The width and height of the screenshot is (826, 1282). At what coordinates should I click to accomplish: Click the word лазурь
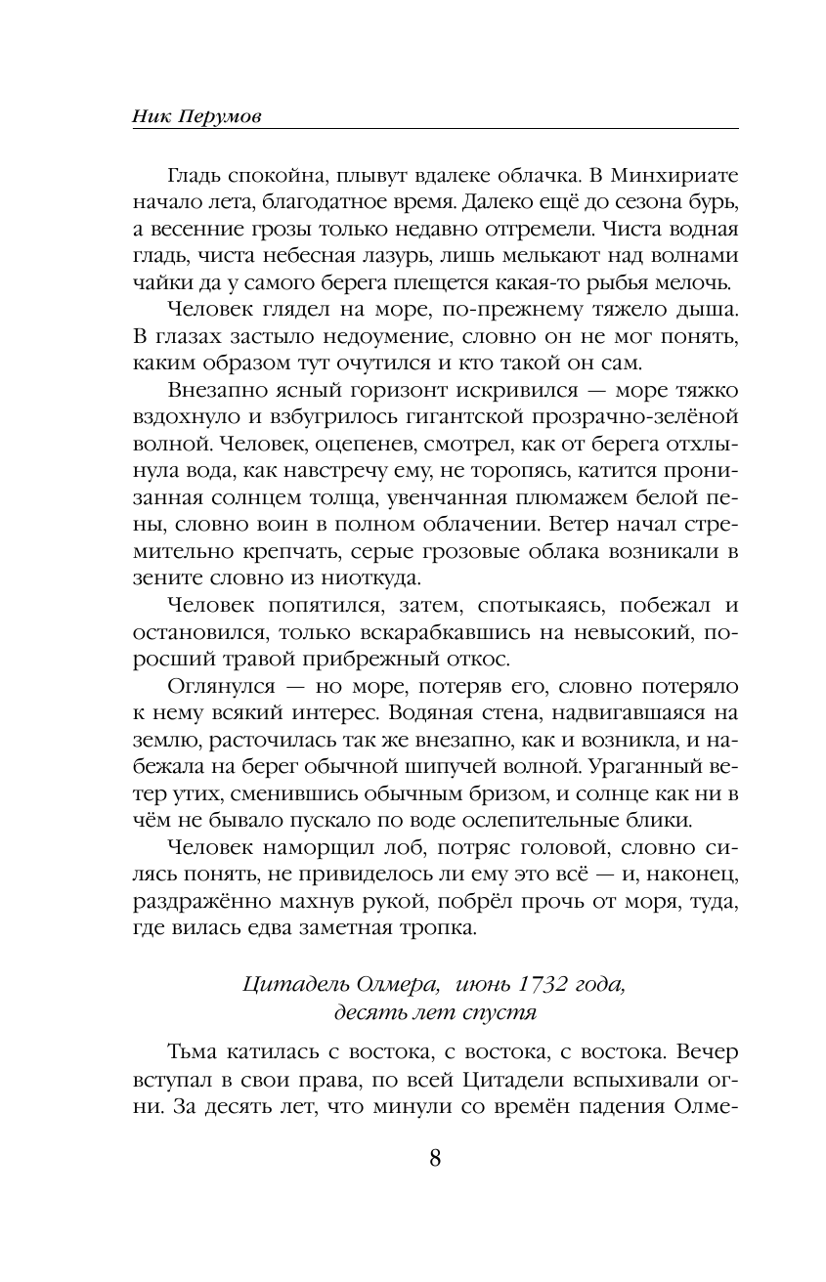tap(432, 257)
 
